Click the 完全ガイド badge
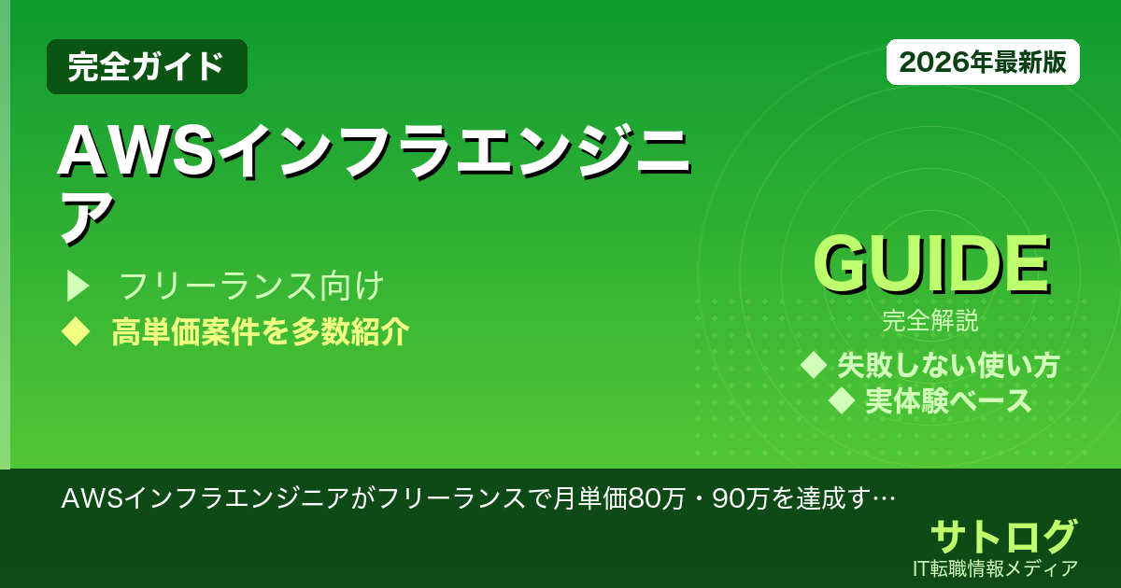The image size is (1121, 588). [147, 66]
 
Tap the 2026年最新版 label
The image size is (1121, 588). [983, 63]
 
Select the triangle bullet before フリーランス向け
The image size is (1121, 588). [76, 286]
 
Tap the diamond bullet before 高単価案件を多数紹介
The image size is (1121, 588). [74, 331]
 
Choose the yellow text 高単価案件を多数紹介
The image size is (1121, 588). [260, 332]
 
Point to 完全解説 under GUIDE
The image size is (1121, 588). [930, 322]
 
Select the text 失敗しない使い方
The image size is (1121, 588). [948, 365]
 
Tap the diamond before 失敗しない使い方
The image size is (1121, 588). [815, 364]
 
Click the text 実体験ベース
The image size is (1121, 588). [948, 401]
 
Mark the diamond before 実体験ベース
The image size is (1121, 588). [843, 401]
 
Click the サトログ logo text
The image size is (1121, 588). [1003, 536]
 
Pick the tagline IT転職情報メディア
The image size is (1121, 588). [997, 567]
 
